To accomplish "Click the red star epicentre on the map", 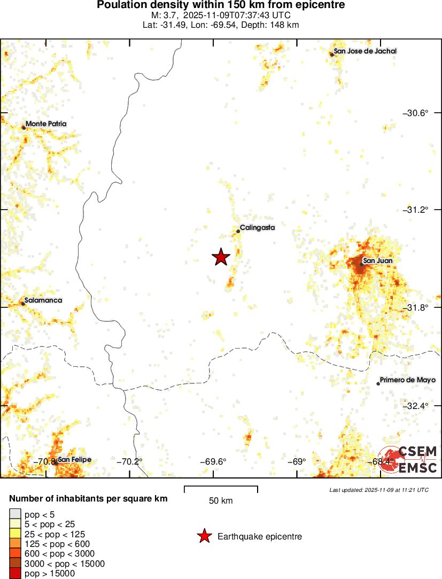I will pos(221,257).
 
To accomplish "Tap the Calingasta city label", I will pos(257,228).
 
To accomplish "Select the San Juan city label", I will pos(379,261).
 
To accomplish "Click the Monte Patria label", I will pos(46,123).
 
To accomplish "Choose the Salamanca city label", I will pos(43,300).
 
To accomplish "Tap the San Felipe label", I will pos(74,460).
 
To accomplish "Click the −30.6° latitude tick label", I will pos(415,113).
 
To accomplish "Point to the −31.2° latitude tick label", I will pos(415,210).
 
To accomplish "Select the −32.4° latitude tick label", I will pos(415,406).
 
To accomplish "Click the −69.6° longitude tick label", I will pos(213,462).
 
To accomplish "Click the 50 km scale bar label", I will pos(221,501).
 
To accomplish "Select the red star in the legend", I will pos(204,536).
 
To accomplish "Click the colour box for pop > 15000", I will pos(15,574).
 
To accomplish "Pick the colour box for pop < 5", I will pos(15,514).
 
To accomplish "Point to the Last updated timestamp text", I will pos(378,490).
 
